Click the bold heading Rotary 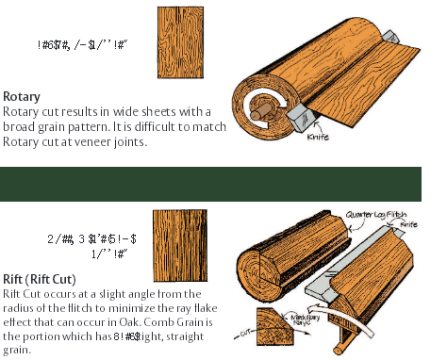[x=21, y=96]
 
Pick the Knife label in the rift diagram [x=408, y=225]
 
